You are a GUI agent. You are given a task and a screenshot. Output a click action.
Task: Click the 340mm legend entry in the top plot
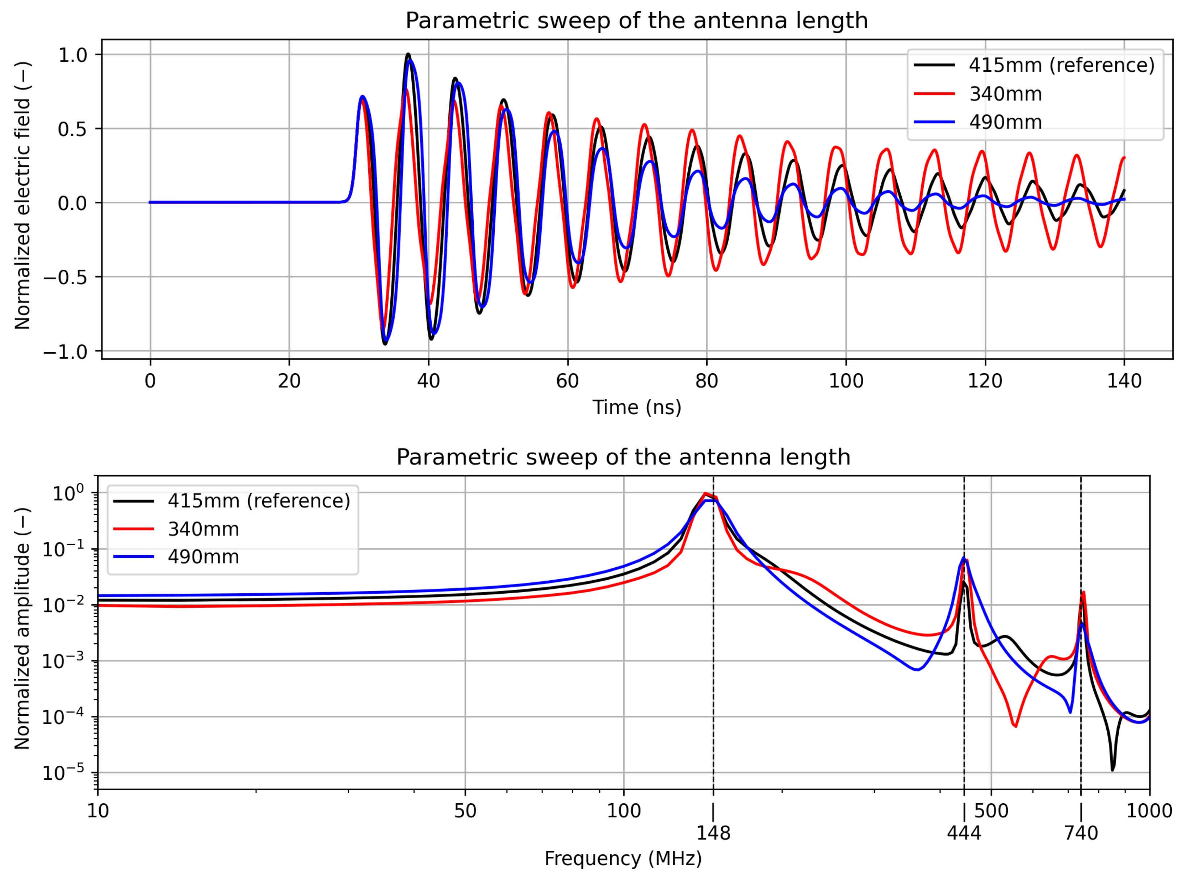pos(1005,94)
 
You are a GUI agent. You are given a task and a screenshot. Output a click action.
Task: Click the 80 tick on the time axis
pos(707,381)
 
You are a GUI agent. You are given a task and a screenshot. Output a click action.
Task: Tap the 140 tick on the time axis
pos(1124,381)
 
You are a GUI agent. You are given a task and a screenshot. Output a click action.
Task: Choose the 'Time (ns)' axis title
pos(637,408)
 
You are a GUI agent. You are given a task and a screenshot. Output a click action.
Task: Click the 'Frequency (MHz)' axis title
pos(623,859)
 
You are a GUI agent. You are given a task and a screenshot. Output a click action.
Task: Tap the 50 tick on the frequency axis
pos(465,811)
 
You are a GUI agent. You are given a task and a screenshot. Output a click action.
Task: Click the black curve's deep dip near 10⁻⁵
pos(1112,769)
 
